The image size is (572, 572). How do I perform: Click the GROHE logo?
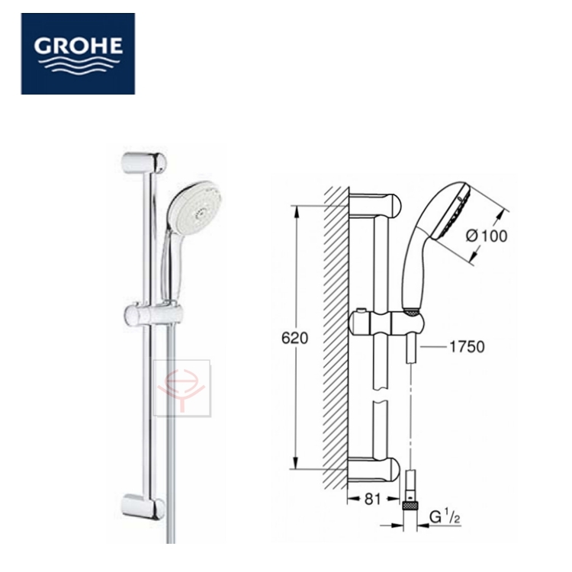coord(78,53)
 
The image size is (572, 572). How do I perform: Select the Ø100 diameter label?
coord(486,236)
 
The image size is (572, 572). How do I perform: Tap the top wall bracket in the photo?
coord(143,162)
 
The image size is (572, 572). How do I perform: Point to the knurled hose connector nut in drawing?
coord(411,503)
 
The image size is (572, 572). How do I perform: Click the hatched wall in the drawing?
coord(336,336)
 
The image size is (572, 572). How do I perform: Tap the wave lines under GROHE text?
coord(78,65)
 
